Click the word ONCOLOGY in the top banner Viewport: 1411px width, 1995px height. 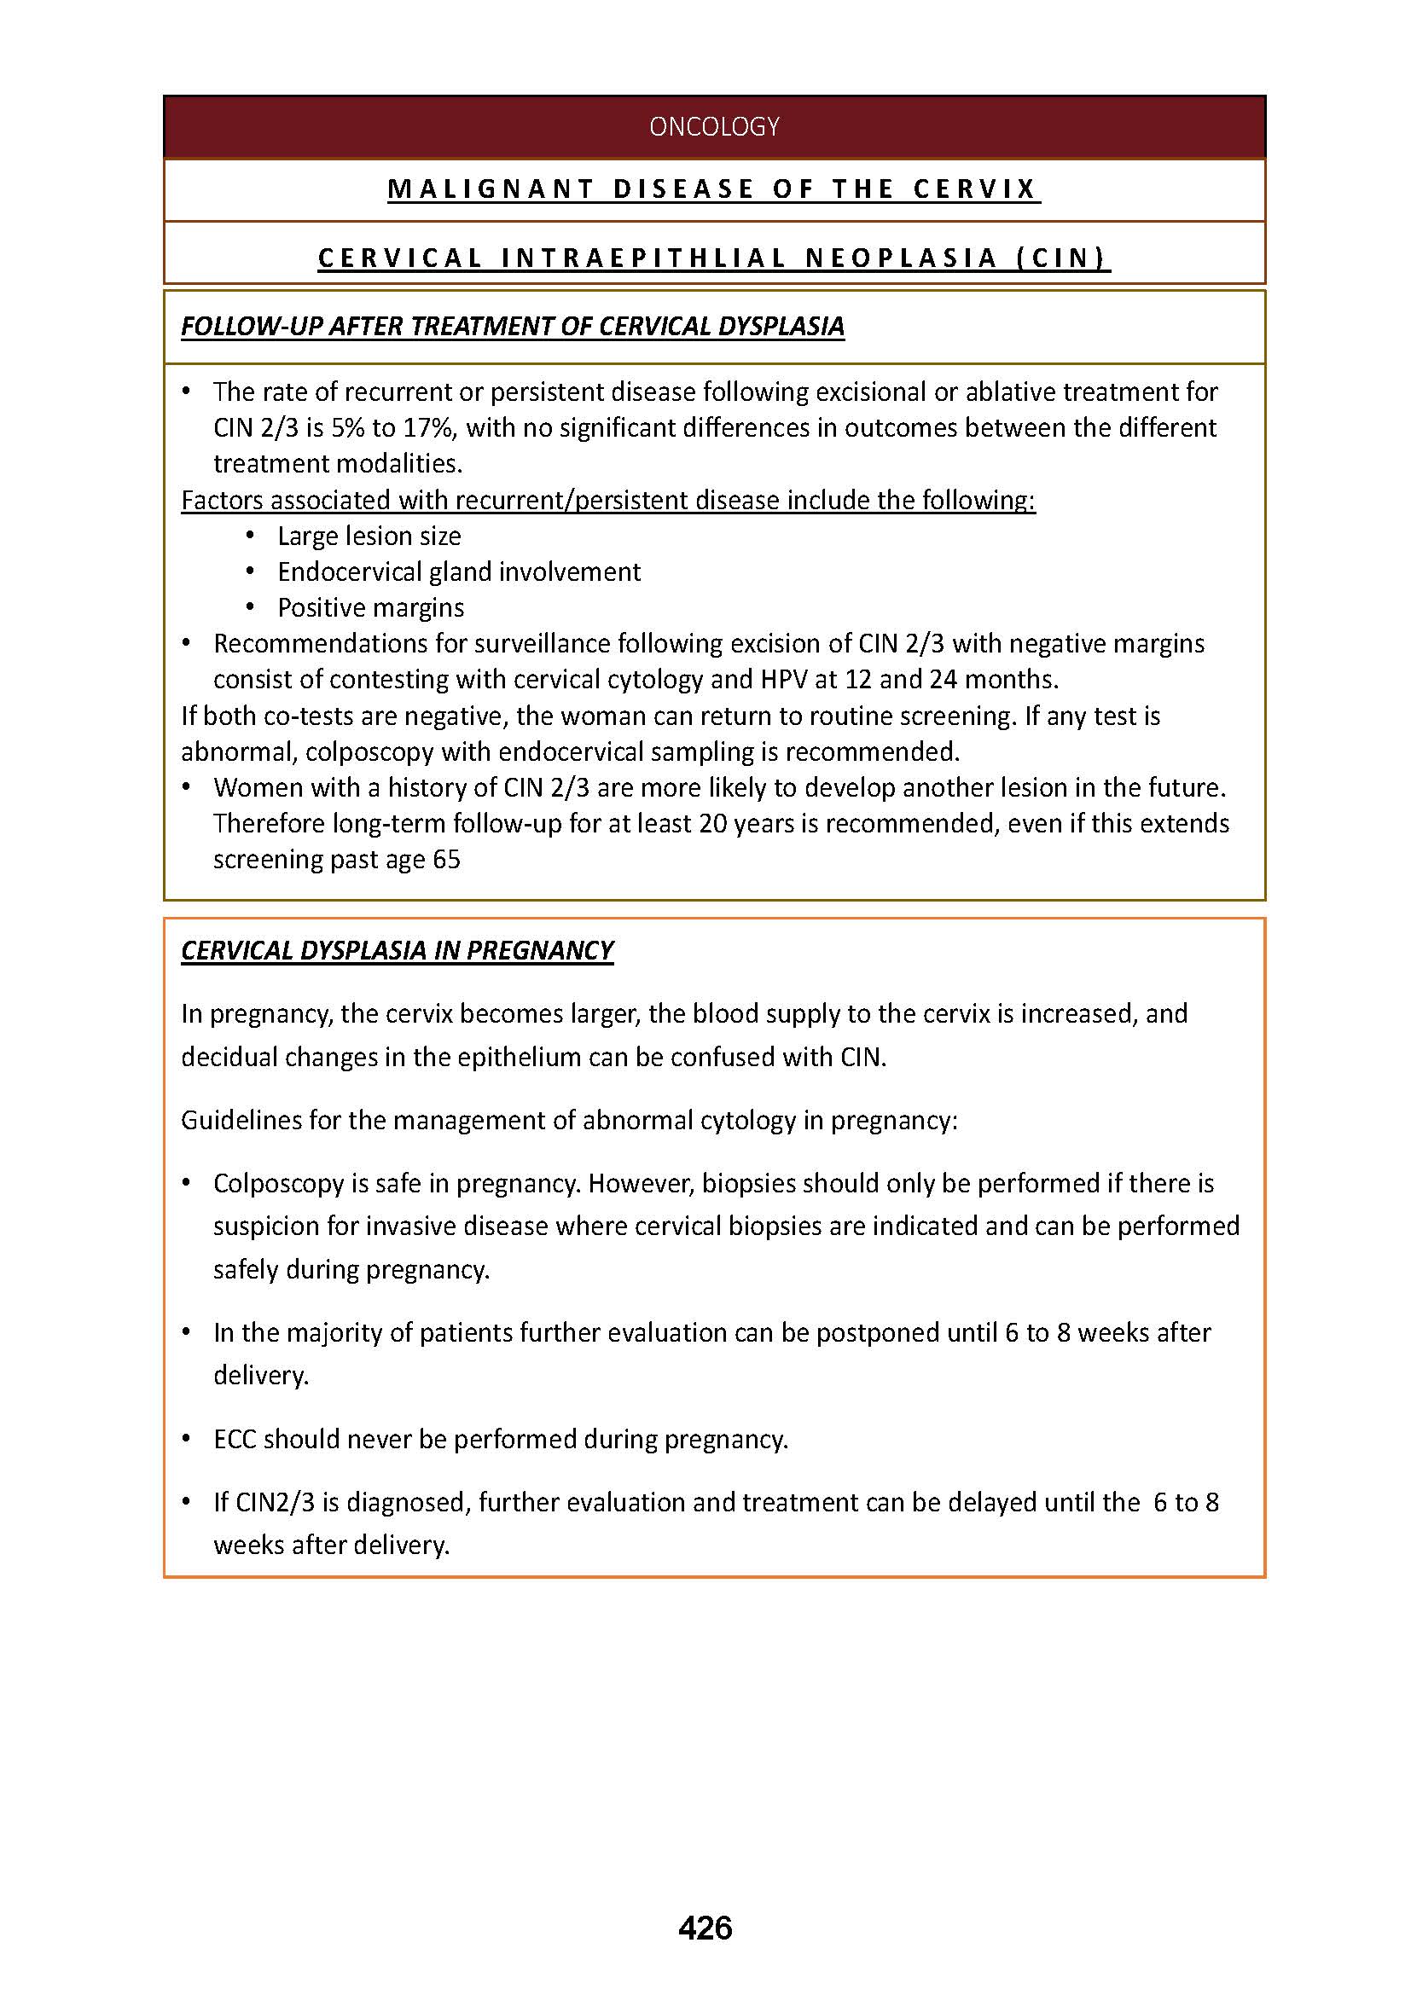click(713, 127)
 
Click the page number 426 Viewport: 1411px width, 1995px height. click(705, 1928)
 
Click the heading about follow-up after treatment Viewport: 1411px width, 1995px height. click(512, 326)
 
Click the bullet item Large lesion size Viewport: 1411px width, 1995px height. click(369, 536)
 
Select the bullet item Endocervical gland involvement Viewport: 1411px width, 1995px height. click(459, 571)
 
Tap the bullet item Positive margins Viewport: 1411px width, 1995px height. click(371, 607)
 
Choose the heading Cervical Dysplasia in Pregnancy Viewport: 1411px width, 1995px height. click(397, 949)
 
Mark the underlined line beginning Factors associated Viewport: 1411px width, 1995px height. click(607, 501)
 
